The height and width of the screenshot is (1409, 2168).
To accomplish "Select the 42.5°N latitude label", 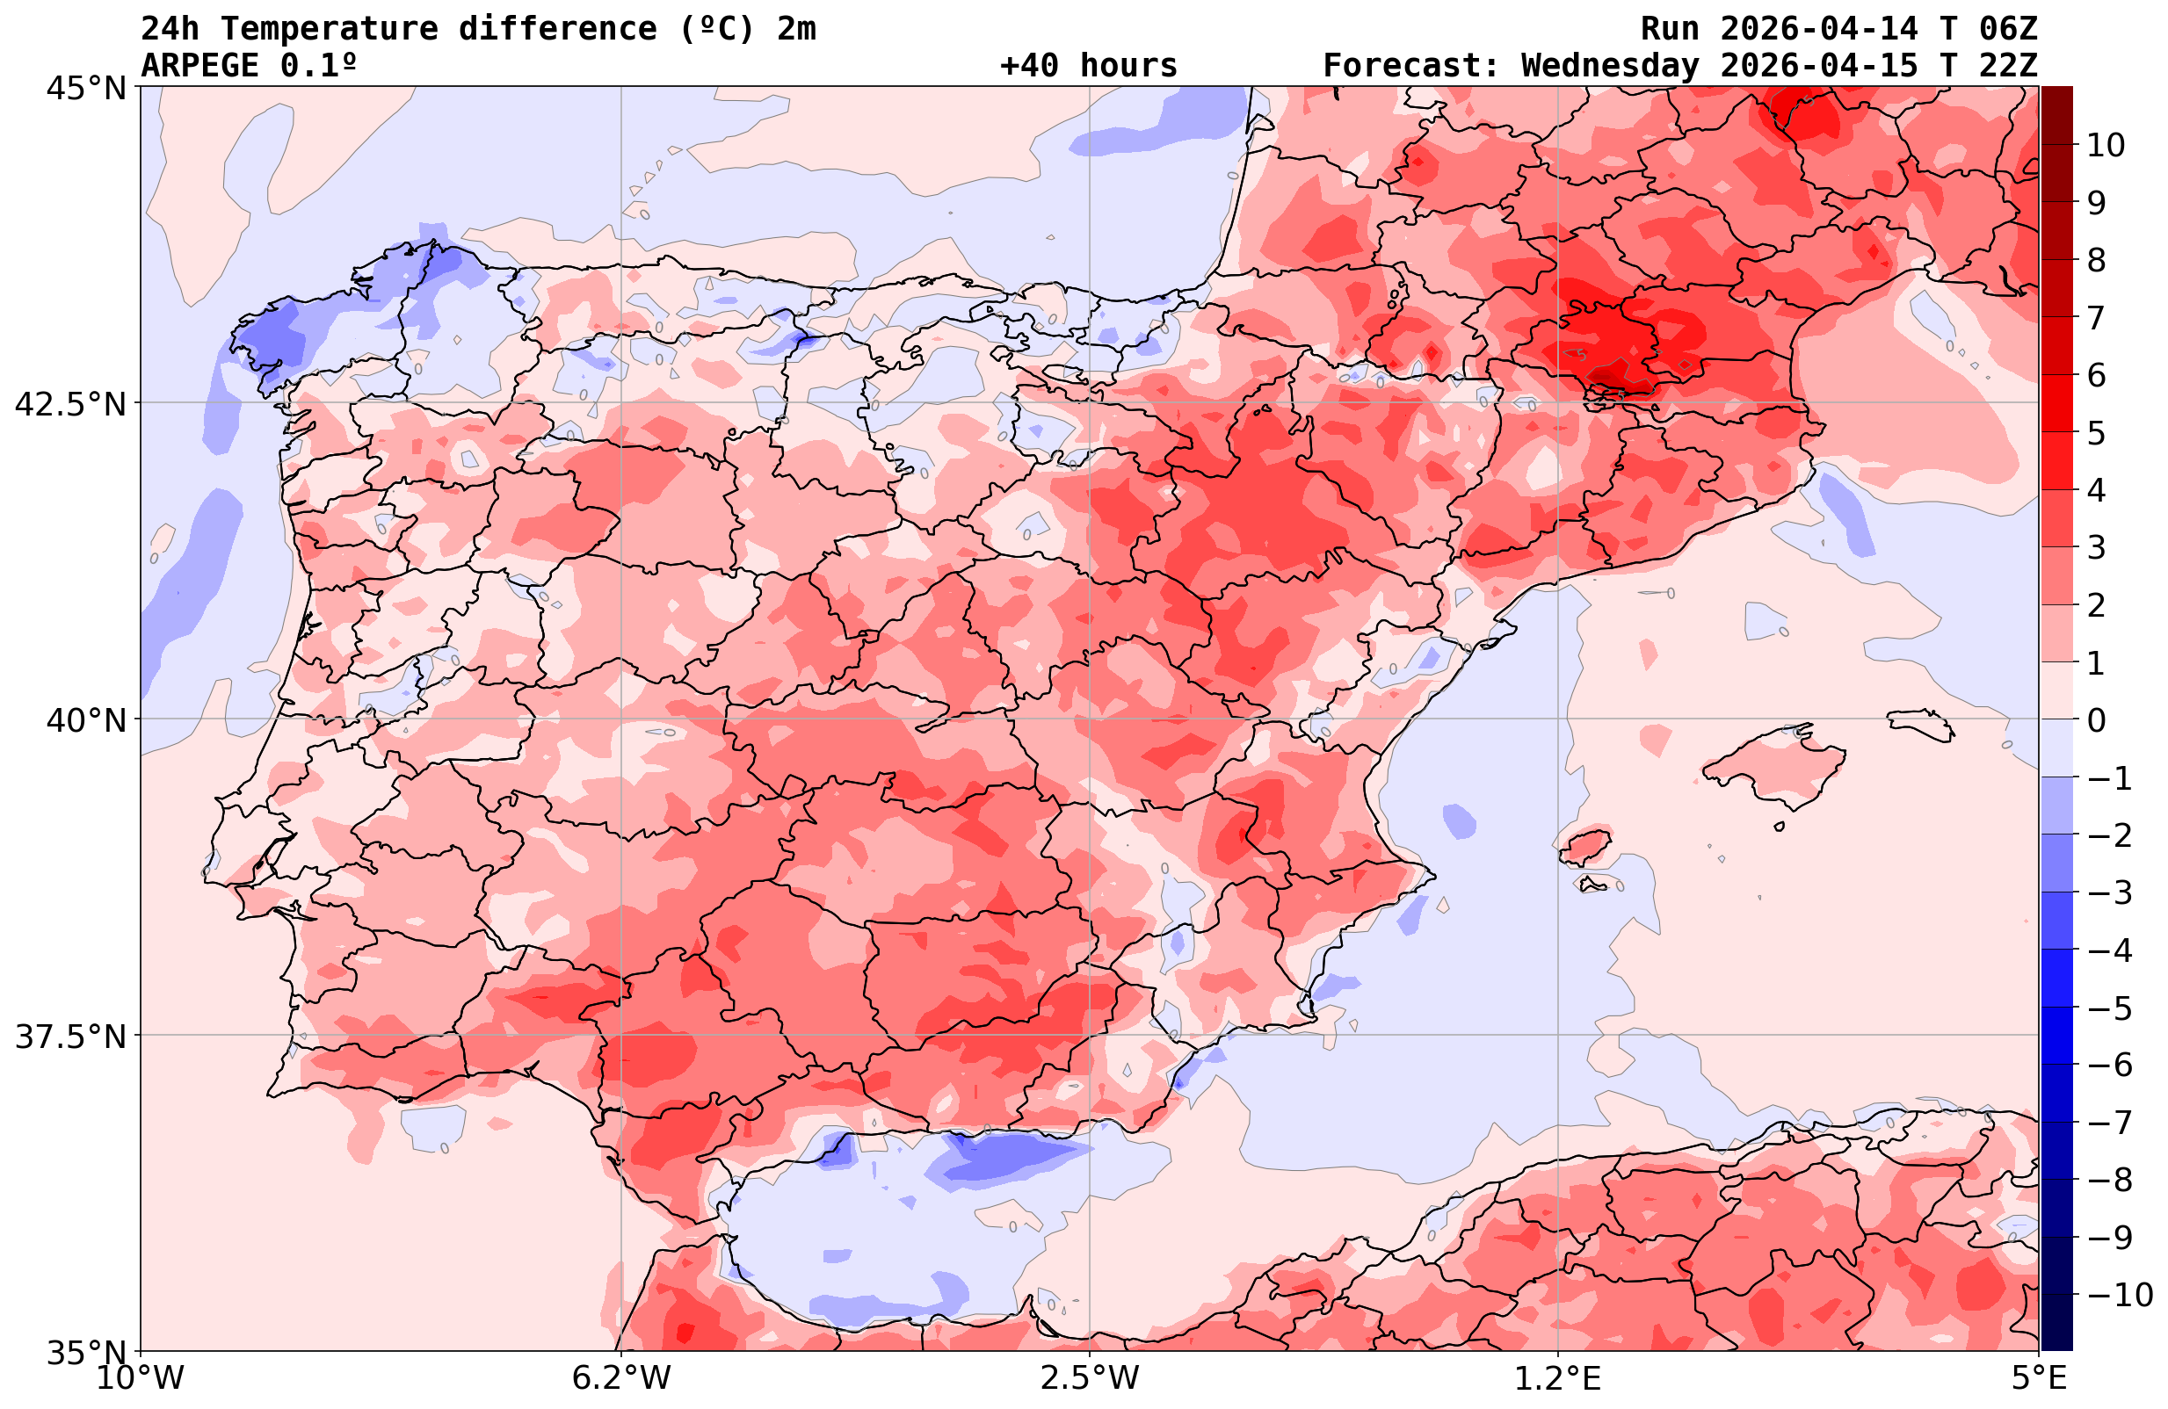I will click(x=70, y=403).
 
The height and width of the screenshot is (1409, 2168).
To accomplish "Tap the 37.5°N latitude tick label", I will click(x=70, y=1037).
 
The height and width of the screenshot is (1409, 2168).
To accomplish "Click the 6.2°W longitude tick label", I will click(x=621, y=1378).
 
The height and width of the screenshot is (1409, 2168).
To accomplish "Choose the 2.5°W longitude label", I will click(x=1090, y=1378).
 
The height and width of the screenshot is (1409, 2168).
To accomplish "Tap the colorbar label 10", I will click(x=2105, y=145).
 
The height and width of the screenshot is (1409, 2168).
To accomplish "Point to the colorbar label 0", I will click(x=2096, y=720).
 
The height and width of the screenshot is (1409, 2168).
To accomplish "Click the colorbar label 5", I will click(x=2096, y=434).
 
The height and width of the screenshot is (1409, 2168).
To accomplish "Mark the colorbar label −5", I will click(x=2109, y=1008).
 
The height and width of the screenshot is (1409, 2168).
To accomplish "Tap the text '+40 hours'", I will click(x=1089, y=66).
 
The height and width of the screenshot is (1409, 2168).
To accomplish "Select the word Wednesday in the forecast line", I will click(x=1610, y=66).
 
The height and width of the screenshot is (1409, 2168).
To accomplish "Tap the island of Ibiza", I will click(x=1585, y=846).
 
